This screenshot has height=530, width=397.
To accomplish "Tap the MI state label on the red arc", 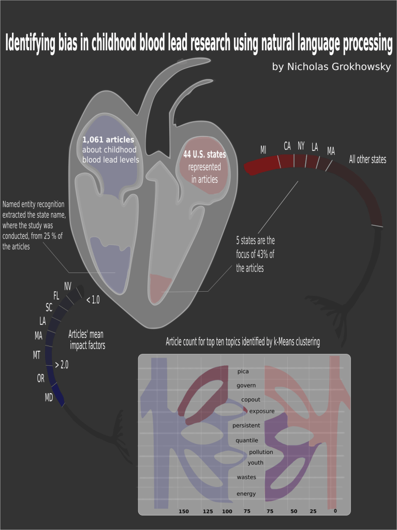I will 263,150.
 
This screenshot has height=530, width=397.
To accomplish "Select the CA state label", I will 287,146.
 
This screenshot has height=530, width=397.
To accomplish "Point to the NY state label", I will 301,146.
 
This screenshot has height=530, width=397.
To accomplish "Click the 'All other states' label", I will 367,160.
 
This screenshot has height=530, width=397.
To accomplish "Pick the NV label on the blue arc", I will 68,287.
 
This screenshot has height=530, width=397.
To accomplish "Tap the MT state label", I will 37,355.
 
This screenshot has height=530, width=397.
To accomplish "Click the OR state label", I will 40,378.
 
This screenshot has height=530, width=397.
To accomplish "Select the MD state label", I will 49,398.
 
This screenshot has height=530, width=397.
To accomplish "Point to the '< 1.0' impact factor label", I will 93,299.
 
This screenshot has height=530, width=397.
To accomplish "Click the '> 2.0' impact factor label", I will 62,365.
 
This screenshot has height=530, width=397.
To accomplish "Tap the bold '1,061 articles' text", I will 108,140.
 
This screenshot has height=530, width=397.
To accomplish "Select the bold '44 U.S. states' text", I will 204,154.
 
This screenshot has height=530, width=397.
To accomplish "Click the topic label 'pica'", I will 243,371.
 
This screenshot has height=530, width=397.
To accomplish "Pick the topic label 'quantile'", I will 247,440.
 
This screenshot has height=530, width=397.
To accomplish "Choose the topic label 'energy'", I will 246,494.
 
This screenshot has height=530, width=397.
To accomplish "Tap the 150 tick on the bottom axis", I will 184,511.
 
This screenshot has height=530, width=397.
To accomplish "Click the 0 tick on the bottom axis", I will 335,511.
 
